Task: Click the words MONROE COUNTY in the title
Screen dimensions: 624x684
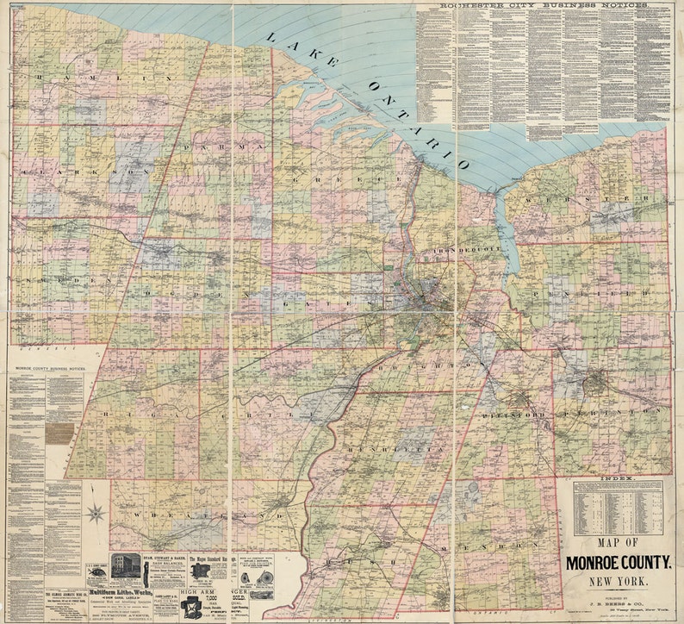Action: (619, 564)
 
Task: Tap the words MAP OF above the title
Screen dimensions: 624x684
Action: (619, 544)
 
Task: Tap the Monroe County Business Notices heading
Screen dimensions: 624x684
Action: (53, 367)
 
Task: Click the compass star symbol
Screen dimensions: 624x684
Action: (96, 515)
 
